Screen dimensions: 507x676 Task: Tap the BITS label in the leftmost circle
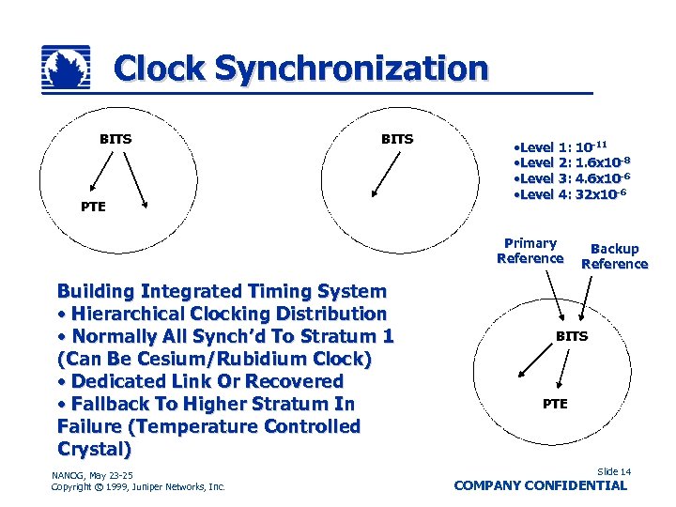point(115,139)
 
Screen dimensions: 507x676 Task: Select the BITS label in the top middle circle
point(396,139)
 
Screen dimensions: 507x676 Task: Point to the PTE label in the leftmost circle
point(92,206)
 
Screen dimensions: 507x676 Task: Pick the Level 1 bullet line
point(559,147)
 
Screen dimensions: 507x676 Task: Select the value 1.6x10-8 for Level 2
point(602,162)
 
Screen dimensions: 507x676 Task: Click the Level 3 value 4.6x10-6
point(602,177)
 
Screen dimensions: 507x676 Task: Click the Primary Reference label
point(530,251)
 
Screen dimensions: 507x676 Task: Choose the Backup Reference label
point(614,256)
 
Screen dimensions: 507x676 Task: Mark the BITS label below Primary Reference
point(572,335)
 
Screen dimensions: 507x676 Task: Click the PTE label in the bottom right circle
point(555,404)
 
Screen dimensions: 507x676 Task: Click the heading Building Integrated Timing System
point(221,291)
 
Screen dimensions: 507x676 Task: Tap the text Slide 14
point(613,471)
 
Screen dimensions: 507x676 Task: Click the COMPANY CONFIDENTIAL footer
point(540,485)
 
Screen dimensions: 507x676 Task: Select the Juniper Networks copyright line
point(138,486)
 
